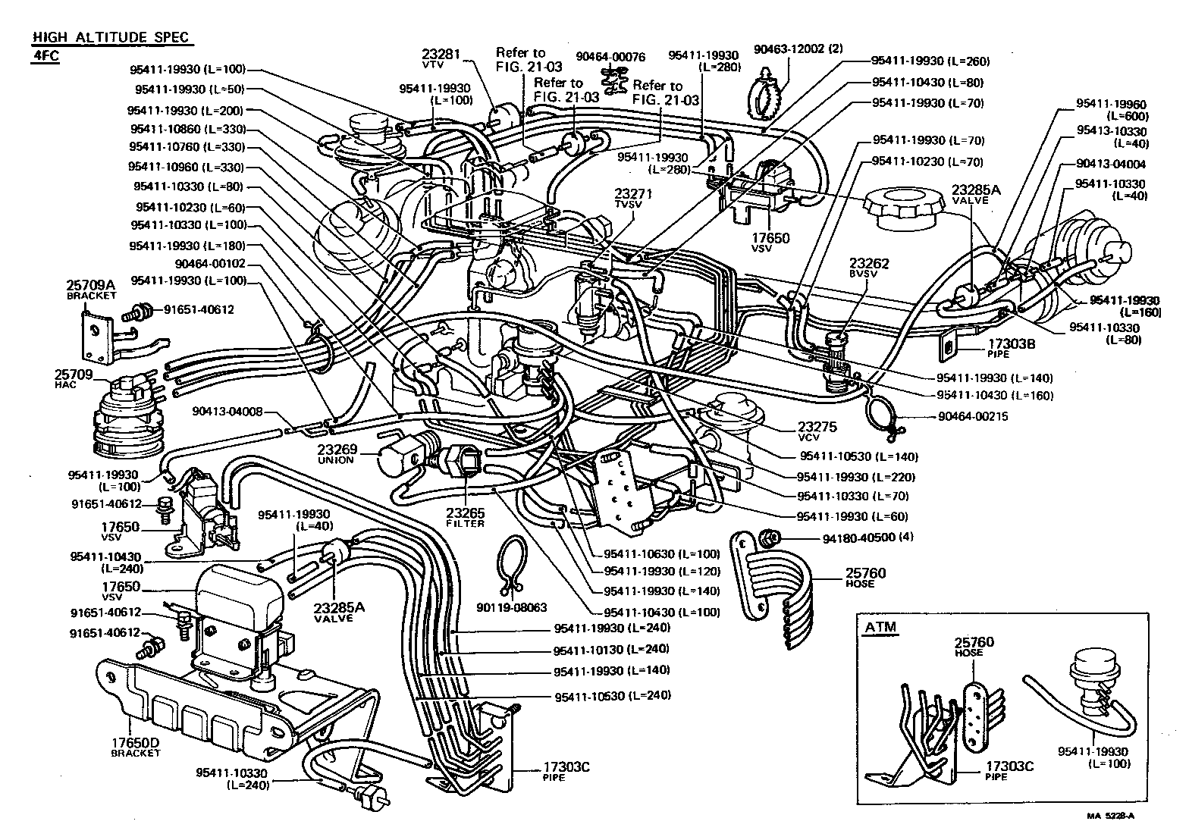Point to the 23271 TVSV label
(x=634, y=199)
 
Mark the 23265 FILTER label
(x=465, y=517)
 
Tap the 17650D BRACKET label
(x=136, y=748)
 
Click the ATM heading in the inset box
(x=880, y=627)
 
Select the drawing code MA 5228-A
(x=1112, y=816)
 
